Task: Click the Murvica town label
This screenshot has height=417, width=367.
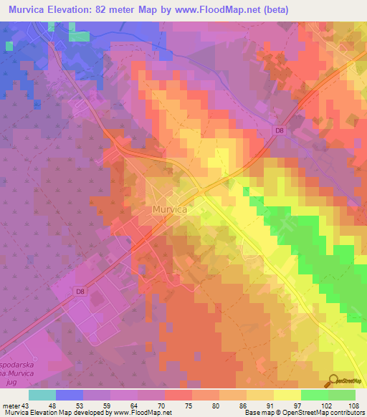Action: pyautogui.click(x=170, y=209)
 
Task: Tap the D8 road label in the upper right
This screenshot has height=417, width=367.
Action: pyautogui.click(x=279, y=130)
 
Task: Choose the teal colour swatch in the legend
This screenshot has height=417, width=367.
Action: pyautogui.click(x=42, y=395)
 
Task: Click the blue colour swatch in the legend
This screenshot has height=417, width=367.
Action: pyautogui.click(x=69, y=395)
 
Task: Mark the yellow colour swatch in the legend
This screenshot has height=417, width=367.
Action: pyautogui.click(x=287, y=395)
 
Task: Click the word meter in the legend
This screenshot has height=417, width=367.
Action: pyautogui.click(x=11, y=405)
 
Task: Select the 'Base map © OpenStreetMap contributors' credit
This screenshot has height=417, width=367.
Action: pyautogui.click(x=302, y=413)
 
